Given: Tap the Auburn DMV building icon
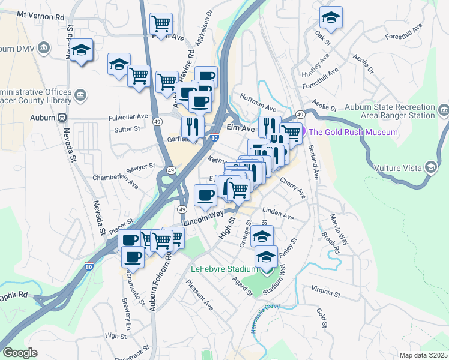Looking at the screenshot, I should point(43,47).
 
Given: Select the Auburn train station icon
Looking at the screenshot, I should point(62,117).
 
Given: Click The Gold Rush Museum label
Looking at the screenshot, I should point(354,132).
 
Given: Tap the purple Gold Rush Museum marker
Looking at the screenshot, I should point(303,131).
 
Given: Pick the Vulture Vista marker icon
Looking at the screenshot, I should point(430,167).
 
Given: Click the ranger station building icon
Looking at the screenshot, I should point(444,110).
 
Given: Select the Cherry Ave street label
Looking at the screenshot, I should point(292,188).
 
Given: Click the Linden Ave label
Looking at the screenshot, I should point(278,213).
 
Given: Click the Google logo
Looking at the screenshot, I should point(20,353).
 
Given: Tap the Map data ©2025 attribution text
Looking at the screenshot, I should point(423,355).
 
